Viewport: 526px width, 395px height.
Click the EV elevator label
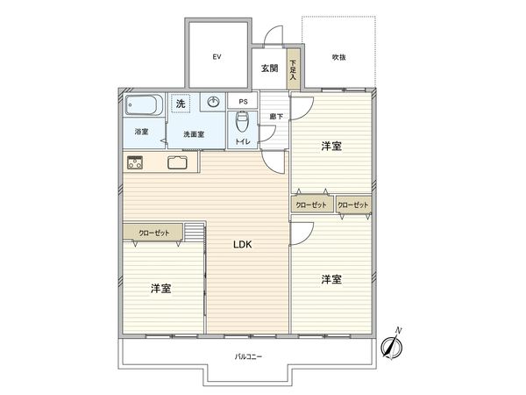point(215,56)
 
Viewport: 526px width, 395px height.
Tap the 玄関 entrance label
point(268,68)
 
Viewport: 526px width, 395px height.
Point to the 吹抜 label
point(338,57)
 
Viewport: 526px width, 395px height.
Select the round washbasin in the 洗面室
point(213,103)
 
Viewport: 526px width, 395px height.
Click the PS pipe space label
point(242,102)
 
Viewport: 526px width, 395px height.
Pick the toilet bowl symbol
point(242,122)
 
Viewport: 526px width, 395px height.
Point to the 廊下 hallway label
point(274,116)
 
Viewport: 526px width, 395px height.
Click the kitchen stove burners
point(136,162)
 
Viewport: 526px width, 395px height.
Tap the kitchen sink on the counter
point(178,162)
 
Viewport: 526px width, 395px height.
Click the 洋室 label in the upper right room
point(331,146)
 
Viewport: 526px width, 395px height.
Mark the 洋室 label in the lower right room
point(331,279)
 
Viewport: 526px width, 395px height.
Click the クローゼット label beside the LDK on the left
point(154,233)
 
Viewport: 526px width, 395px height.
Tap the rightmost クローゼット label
point(352,205)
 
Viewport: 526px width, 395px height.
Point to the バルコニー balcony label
point(249,356)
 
